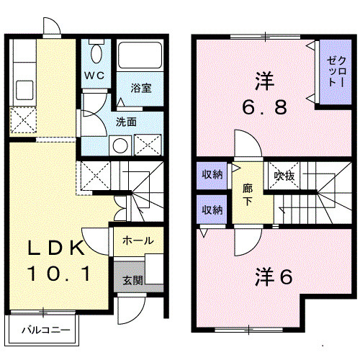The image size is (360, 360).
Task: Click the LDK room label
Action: (x=57, y=249)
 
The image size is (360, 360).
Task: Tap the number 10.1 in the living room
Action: (x=58, y=274)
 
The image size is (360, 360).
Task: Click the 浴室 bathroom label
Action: (x=140, y=89)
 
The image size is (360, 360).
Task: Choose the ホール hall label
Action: (x=137, y=240)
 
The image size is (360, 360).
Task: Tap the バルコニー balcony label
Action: (x=45, y=333)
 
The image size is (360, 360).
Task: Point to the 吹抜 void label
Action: (x=281, y=174)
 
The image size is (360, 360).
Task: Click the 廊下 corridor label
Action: (x=247, y=194)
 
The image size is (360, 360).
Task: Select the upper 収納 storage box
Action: (x=212, y=174)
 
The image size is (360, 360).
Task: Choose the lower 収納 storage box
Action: (x=212, y=210)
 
